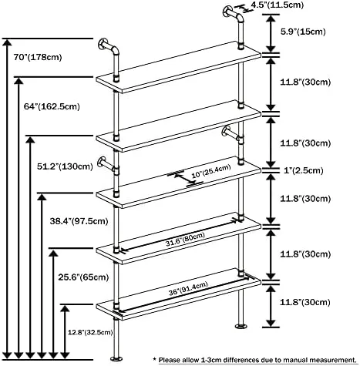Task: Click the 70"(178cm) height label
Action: pos(38,57)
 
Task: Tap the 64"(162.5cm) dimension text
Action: pos(52,106)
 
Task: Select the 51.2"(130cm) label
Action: pos(65,166)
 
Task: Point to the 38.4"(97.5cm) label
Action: pos(79,221)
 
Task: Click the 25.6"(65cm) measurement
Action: pos(83,277)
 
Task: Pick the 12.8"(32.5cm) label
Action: pos(90,332)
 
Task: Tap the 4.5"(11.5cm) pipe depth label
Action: pos(278,5)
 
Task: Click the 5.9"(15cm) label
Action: pos(303,32)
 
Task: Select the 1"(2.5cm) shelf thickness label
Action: pos(303,170)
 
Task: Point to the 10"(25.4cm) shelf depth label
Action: pos(211,171)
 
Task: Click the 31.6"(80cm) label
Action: pos(185,239)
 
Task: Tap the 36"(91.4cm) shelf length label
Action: pos(188,289)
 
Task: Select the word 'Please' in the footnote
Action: pos(170,360)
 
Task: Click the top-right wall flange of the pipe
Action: pos(227,12)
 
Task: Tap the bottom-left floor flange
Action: pos(116,358)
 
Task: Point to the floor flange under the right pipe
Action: pos(241,327)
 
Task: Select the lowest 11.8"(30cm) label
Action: pos(304,302)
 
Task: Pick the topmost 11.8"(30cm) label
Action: pos(305,82)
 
